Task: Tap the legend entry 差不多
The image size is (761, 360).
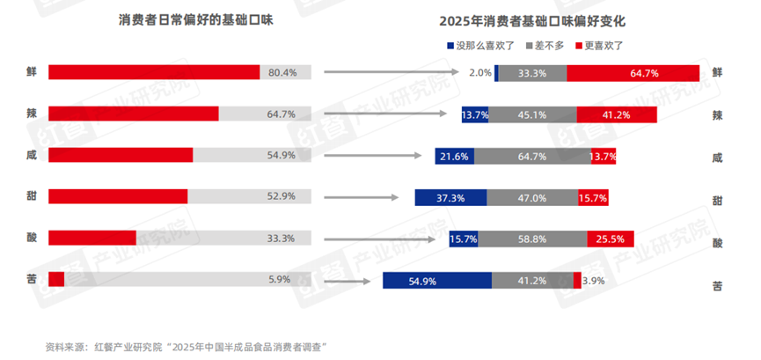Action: pyautogui.click(x=548, y=45)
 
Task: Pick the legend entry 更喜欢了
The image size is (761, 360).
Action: pyautogui.click(x=603, y=45)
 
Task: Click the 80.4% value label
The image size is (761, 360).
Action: pyautogui.click(x=282, y=72)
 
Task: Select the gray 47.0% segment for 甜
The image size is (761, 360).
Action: pyautogui.click(x=532, y=198)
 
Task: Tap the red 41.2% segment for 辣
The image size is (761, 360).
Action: pyautogui.click(x=616, y=114)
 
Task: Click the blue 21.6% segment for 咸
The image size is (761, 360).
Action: pyautogui.click(x=454, y=156)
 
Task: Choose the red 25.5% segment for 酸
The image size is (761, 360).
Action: pyautogui.click(x=611, y=239)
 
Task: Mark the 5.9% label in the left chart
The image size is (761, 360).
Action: pyautogui.click(x=279, y=280)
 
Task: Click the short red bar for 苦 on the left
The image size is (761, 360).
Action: pyautogui.click(x=56, y=279)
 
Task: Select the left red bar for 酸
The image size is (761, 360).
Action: pyautogui.click(x=92, y=238)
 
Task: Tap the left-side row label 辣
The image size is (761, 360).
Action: pyautogui.click(x=31, y=114)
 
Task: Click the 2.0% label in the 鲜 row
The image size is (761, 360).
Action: pyautogui.click(x=479, y=73)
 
